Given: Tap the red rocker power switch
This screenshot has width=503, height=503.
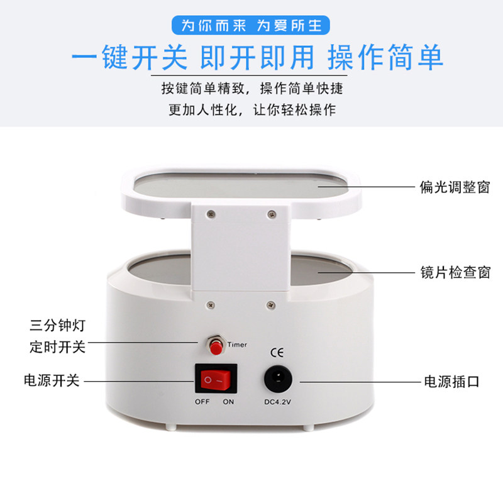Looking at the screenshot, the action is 216,380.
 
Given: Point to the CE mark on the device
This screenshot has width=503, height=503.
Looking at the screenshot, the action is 277,353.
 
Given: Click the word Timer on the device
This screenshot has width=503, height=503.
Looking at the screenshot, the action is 237,345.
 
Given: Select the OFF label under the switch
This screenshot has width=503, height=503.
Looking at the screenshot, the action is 202,402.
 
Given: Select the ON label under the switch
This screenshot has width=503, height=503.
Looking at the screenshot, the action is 228,402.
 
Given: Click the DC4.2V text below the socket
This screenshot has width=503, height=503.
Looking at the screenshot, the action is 277,402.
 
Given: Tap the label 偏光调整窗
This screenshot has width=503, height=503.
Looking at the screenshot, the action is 455,187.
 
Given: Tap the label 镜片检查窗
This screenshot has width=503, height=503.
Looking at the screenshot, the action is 455,272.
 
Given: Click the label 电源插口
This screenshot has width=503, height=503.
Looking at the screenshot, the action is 451,382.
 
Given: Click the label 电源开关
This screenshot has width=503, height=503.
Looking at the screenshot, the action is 52,381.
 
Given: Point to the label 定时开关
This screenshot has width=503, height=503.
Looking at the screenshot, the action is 57,347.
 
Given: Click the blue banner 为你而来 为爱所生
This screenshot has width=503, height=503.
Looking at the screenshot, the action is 251,25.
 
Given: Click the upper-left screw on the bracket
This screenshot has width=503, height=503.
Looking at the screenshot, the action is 211,214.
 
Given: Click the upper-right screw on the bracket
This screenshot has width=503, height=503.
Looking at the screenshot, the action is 272,214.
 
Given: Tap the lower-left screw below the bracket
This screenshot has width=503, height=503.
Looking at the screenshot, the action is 211,305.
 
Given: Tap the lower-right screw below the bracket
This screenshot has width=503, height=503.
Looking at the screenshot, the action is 271,305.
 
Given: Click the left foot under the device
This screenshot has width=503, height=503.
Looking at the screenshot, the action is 171,428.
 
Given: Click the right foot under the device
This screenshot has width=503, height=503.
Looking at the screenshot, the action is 308,428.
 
